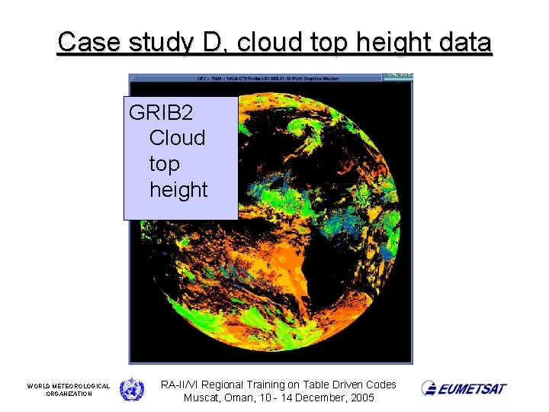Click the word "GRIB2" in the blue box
tap(161, 113)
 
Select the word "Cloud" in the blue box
tap(177, 138)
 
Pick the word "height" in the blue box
tap(178, 189)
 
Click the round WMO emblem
tap(131, 389)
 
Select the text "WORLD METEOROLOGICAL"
tap(69, 386)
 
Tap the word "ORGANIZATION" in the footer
tap(69, 394)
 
